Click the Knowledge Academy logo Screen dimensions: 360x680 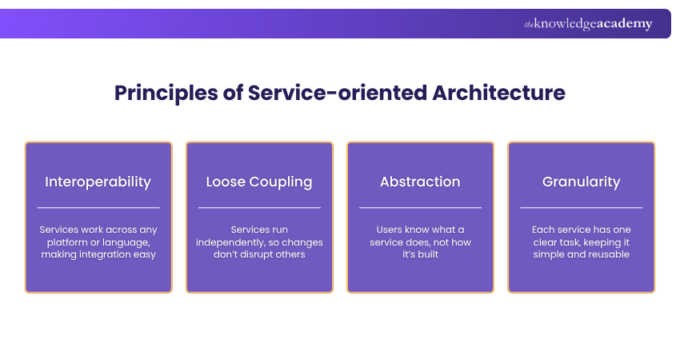coord(588,24)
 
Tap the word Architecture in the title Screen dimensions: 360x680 coord(498,93)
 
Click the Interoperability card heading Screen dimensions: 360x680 coord(98,182)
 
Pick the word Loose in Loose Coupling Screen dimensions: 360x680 coord(225,182)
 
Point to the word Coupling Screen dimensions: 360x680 coord(279,182)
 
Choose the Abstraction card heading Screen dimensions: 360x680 coord(420,182)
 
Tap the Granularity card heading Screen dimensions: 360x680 coord(581,182)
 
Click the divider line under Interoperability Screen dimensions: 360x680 coord(98,208)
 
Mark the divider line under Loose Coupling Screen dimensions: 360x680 coord(259,208)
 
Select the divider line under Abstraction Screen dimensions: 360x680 coord(420,208)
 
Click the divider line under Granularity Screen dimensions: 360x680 coord(581,208)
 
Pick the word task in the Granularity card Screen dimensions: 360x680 coord(577,242)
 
